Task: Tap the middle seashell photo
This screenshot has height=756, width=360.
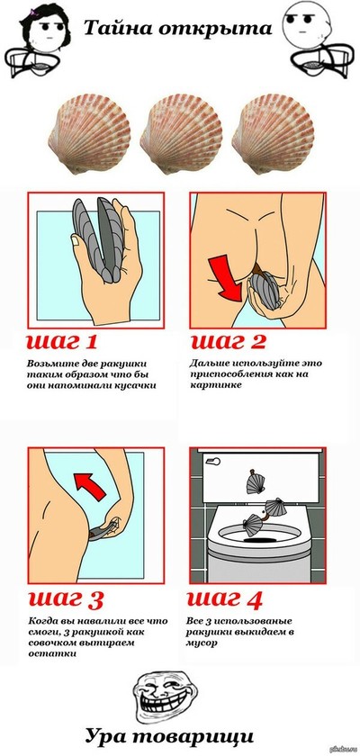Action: [181, 133]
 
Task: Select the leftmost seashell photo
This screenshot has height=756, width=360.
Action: [89, 133]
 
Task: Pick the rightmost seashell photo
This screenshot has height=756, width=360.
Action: [273, 133]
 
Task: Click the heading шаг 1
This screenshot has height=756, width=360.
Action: [62, 341]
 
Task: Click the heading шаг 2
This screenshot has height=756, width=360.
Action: [228, 341]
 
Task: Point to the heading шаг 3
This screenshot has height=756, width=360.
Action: [66, 598]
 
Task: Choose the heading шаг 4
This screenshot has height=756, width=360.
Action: [225, 598]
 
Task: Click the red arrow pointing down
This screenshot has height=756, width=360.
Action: [225, 280]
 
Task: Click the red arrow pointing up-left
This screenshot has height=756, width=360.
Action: [90, 486]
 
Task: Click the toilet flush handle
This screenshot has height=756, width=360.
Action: [214, 462]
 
